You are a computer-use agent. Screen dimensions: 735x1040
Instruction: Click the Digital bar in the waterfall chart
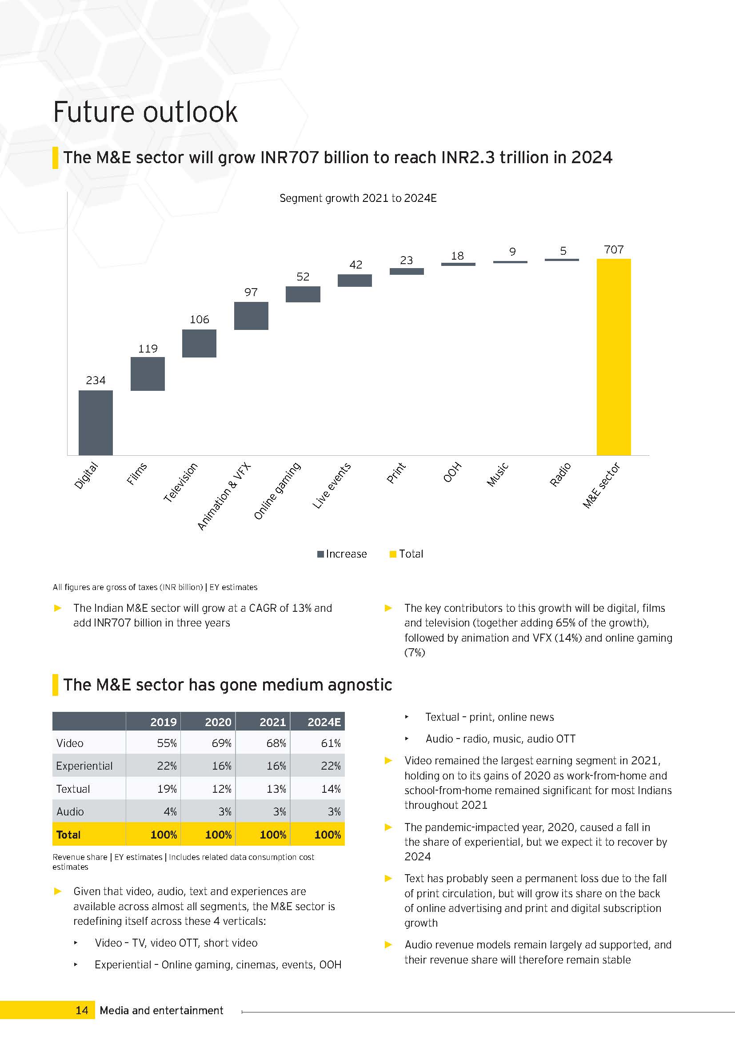click(96, 422)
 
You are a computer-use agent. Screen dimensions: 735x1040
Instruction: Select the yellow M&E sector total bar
click(614, 357)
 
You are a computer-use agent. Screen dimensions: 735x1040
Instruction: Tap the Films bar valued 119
click(148, 373)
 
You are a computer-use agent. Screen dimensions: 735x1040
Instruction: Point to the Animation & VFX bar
click(251, 316)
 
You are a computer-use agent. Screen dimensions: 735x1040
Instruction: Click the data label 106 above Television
click(200, 319)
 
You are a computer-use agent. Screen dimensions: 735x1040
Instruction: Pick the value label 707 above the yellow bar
click(614, 249)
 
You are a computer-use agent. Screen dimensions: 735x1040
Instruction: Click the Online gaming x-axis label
click(277, 490)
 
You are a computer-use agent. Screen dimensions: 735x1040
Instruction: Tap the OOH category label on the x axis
click(452, 472)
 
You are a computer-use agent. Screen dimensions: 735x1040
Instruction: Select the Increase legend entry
click(342, 554)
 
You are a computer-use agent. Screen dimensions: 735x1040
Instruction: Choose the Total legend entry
click(407, 554)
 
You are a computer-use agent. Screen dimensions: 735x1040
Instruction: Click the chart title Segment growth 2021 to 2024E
click(358, 198)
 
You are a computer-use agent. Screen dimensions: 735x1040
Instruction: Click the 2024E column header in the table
click(324, 722)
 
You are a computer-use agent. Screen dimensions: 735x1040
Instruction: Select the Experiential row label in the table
click(84, 766)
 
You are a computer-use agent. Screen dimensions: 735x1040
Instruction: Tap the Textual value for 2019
click(167, 789)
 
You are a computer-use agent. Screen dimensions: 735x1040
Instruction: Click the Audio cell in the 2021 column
click(280, 812)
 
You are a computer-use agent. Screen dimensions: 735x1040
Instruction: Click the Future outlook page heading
click(145, 112)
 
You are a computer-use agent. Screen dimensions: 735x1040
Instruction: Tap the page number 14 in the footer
click(82, 1010)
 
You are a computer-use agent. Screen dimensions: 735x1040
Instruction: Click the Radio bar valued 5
click(562, 260)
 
